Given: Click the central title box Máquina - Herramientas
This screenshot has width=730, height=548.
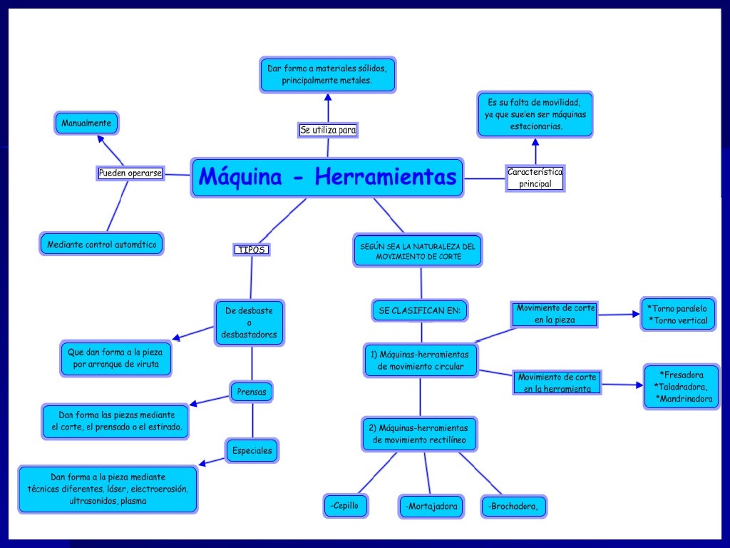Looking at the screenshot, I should click(327, 178).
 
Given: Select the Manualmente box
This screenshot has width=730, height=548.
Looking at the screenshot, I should click(86, 123).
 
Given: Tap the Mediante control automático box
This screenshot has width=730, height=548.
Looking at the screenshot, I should click(101, 244).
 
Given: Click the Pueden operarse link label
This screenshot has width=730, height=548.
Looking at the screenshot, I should click(130, 173).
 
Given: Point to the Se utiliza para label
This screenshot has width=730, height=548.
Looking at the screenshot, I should click(328, 130).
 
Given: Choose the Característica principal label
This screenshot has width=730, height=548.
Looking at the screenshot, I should click(535, 178).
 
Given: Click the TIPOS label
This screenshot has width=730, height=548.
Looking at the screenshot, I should click(252, 250).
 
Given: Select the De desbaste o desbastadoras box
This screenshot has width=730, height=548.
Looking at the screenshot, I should click(250, 323).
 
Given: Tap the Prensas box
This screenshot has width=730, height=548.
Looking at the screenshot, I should click(252, 392).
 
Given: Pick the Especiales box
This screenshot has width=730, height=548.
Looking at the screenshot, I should click(252, 450).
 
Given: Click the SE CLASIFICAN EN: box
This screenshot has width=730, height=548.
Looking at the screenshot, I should click(419, 310).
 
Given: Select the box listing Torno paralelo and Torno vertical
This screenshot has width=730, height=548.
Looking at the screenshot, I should click(677, 315).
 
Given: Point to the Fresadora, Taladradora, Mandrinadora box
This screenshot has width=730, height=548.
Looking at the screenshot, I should click(682, 387).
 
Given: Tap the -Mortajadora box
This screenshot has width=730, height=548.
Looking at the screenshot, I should click(430, 507).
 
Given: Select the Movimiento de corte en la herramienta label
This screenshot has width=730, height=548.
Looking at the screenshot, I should click(557, 382).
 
